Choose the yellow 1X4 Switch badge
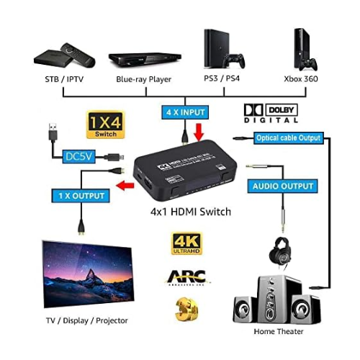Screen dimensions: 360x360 (x=105, y=124)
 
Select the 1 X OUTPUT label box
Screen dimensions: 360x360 (x=80, y=195)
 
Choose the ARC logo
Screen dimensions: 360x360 (x=185, y=277)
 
